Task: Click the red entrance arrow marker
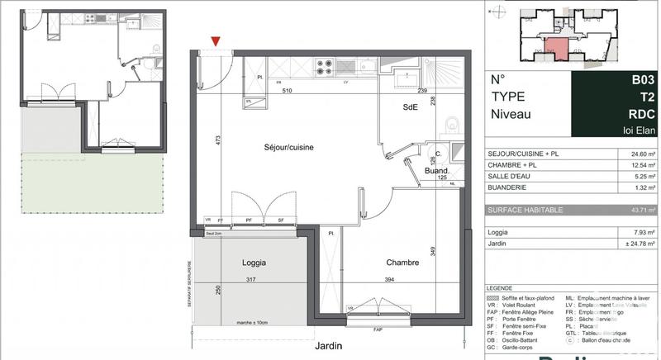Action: pos(216,40)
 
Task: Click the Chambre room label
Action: pos(402,263)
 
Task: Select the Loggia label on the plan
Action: pos(254,263)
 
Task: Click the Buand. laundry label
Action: pos(435,171)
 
